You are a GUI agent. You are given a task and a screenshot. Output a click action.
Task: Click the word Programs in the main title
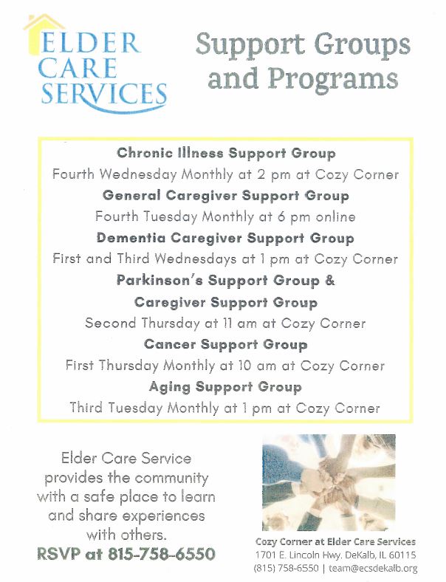pyautogui.click(x=333, y=80)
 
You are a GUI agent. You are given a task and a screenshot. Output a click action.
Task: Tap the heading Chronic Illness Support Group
pyautogui.click(x=226, y=154)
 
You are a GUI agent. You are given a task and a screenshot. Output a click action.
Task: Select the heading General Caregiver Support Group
pyautogui.click(x=226, y=196)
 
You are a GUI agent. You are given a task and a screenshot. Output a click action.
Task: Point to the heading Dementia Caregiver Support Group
pyautogui.click(x=225, y=238)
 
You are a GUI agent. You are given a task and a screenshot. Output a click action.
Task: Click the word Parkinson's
pyautogui.click(x=159, y=280)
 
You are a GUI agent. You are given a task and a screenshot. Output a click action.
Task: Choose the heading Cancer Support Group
pyautogui.click(x=226, y=344)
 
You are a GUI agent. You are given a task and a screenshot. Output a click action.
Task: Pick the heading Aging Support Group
pyautogui.click(x=225, y=387)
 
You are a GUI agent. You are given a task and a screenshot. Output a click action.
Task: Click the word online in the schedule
pyautogui.click(x=335, y=216)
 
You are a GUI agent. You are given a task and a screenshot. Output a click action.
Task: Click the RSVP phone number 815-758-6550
pyautogui.click(x=162, y=554)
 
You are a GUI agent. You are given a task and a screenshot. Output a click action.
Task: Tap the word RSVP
pyautogui.click(x=58, y=554)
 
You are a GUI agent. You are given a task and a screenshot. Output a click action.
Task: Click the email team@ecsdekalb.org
pyautogui.click(x=373, y=568)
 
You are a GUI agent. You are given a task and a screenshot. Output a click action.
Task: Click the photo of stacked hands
pyautogui.click(x=329, y=482)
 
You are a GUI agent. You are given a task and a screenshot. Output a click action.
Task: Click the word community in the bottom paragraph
pyautogui.click(x=171, y=478)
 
